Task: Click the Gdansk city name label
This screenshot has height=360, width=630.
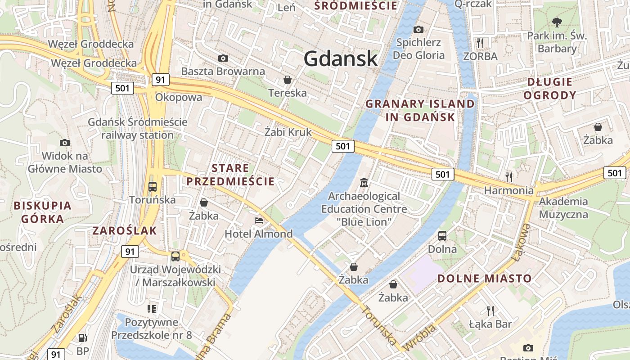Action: click(341, 58)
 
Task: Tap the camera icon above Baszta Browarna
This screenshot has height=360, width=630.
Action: click(223, 58)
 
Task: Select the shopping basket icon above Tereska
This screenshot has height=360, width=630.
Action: click(287, 80)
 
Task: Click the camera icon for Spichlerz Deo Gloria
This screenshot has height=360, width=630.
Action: click(418, 29)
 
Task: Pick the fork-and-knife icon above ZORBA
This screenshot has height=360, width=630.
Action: click(480, 43)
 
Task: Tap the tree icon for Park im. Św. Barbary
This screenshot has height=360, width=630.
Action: click(557, 22)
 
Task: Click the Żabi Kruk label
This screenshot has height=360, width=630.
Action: click(288, 132)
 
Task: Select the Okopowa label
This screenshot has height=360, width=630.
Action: click(179, 97)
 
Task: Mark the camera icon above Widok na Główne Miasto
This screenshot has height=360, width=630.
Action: click(65, 143)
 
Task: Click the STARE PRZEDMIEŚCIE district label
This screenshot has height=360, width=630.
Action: click(230, 175)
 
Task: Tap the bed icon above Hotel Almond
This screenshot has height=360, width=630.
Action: click(259, 220)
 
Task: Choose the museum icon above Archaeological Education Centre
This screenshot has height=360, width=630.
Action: click(364, 183)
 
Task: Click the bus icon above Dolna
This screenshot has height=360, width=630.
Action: click(442, 235)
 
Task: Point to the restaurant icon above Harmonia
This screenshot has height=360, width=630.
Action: click(509, 176)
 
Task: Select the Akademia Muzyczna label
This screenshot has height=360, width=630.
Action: click(563, 207)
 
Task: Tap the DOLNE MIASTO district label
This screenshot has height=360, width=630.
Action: click(485, 278)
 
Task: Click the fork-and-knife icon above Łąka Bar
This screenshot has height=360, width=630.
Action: click(490, 310)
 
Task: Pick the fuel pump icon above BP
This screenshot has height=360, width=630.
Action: click(82, 337)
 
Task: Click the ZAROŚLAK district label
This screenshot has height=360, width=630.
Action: click(125, 231)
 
